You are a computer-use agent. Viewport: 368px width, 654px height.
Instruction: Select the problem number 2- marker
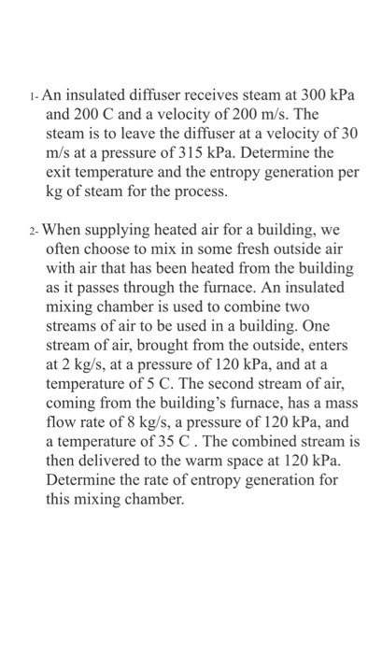34,230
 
